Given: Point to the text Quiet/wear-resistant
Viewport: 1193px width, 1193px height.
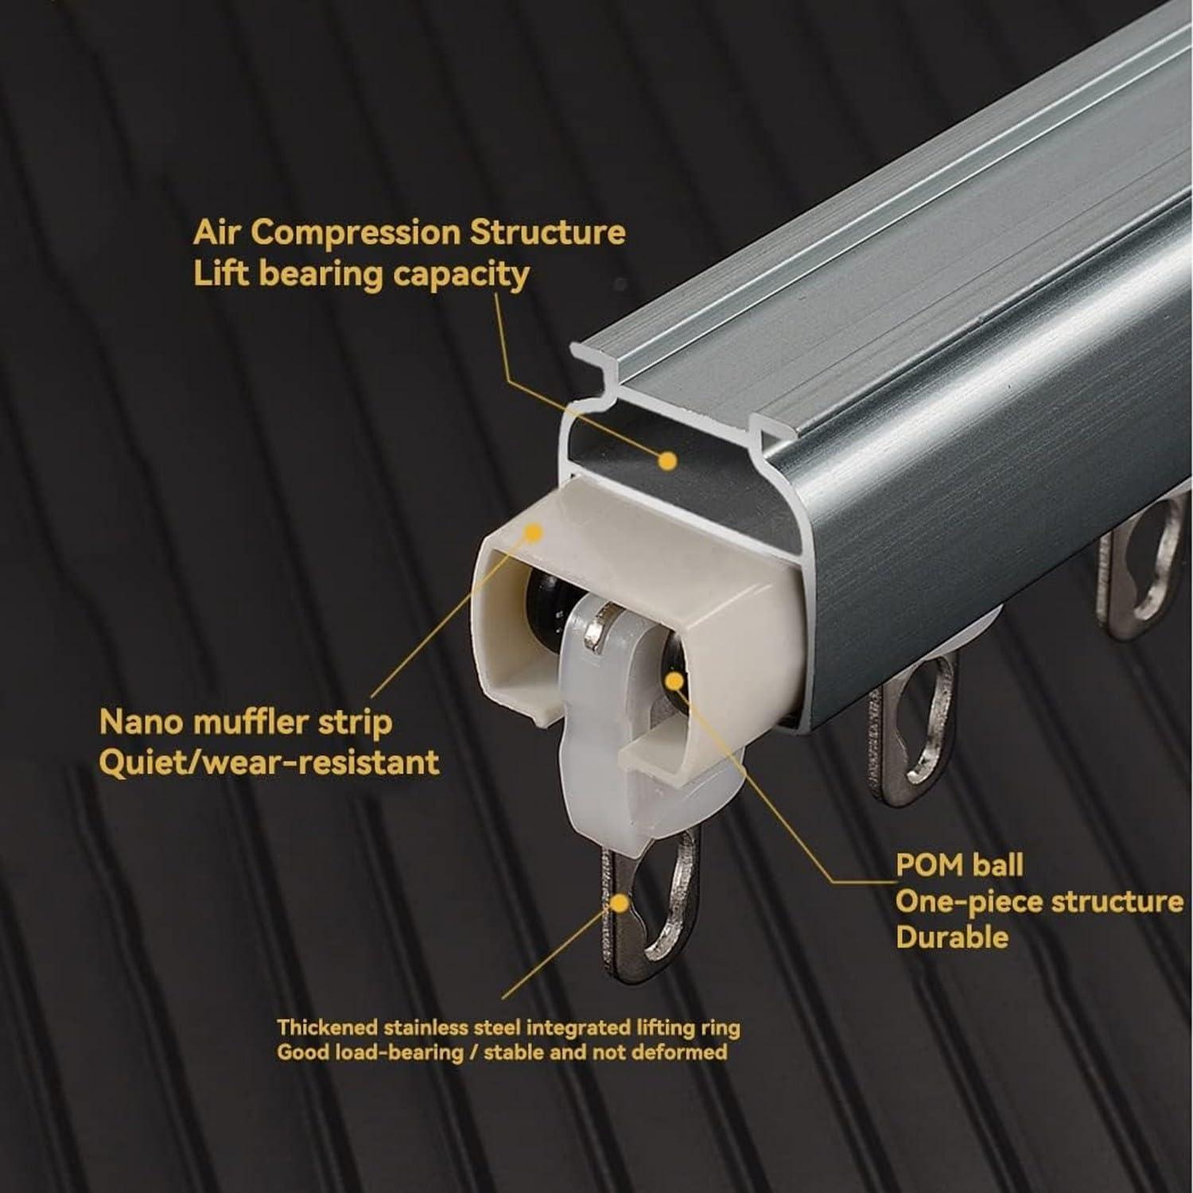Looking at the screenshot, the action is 269,763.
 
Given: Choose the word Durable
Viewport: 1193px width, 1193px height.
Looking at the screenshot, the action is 952,937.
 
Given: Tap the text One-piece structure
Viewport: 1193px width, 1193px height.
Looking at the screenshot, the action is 1040,901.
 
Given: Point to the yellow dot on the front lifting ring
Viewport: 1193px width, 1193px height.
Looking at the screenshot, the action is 618,904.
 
